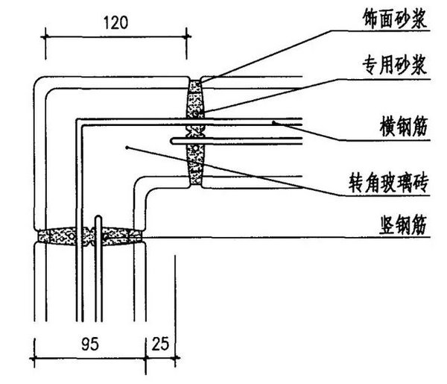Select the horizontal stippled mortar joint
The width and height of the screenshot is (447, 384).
coord(89,235)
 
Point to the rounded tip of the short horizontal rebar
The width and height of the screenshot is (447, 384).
coord(171,139)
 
